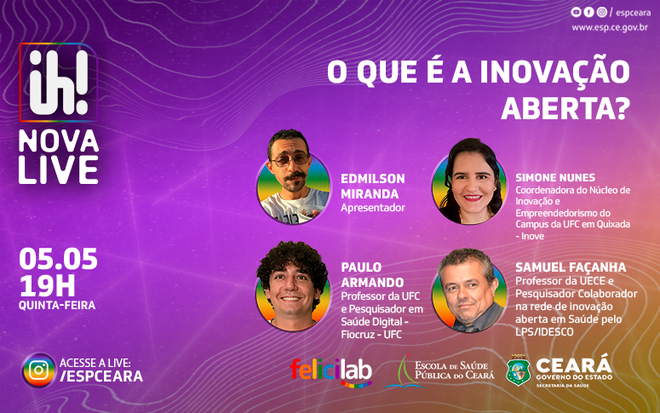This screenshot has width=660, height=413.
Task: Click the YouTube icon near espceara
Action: [x=576, y=12]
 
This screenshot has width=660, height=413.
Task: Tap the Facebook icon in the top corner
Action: [x=588, y=12]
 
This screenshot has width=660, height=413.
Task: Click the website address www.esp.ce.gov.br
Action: [x=610, y=28]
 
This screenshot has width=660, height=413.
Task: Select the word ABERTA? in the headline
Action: [x=565, y=109]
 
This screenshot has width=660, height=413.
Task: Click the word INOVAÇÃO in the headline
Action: [x=554, y=72]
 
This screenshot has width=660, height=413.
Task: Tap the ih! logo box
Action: [x=59, y=83]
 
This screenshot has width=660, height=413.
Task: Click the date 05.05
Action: [x=58, y=259]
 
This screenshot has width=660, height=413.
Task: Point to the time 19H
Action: [x=47, y=286]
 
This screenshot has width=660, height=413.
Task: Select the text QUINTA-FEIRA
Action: [x=57, y=305]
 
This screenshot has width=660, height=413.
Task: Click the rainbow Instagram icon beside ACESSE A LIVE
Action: [x=38, y=370]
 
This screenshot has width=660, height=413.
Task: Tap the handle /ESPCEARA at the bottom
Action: [x=101, y=376]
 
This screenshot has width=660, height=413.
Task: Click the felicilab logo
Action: [x=330, y=372]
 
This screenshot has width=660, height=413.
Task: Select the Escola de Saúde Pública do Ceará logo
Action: [x=439, y=371]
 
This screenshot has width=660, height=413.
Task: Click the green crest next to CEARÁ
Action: [x=518, y=370]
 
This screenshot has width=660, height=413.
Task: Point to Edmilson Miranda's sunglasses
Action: [x=290, y=160]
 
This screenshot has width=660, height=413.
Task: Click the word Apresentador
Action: [x=372, y=208]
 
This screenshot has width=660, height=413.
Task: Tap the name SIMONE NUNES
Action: [x=555, y=178]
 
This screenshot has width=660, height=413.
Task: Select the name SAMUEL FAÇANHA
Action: [x=571, y=267]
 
